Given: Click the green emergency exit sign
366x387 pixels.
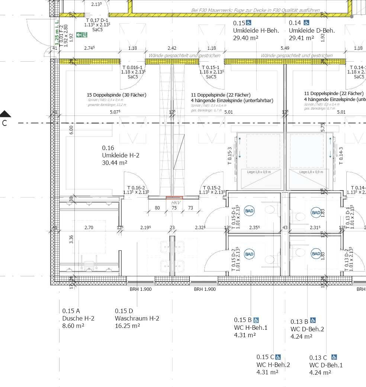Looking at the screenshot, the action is [81, 35].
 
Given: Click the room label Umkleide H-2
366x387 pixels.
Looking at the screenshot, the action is [121, 156].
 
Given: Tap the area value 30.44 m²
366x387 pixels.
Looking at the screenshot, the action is [115, 163].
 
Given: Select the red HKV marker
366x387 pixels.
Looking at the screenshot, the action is [174, 198].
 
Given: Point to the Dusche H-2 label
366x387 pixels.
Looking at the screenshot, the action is [78, 318].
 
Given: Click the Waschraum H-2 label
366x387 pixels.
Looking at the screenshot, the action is [137, 318].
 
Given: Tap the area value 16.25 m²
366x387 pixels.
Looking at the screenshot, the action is [127, 326].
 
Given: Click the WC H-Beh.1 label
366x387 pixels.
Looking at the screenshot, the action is [250, 328].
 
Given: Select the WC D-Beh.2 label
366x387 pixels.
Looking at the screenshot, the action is [307, 329].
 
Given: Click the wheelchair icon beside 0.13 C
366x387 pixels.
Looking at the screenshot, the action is [334, 357].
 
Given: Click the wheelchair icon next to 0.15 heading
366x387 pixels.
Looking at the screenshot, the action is [248, 23].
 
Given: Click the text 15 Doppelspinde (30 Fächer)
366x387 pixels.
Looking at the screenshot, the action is [116, 95].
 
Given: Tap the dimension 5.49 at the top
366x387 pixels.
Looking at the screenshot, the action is [285, 48].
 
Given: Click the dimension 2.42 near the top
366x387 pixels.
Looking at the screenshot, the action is [172, 48].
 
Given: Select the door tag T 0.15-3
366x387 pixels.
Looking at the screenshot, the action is [230, 156].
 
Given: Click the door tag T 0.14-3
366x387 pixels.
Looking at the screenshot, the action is [341, 156].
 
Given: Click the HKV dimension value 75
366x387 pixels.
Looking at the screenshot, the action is [174, 208].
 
